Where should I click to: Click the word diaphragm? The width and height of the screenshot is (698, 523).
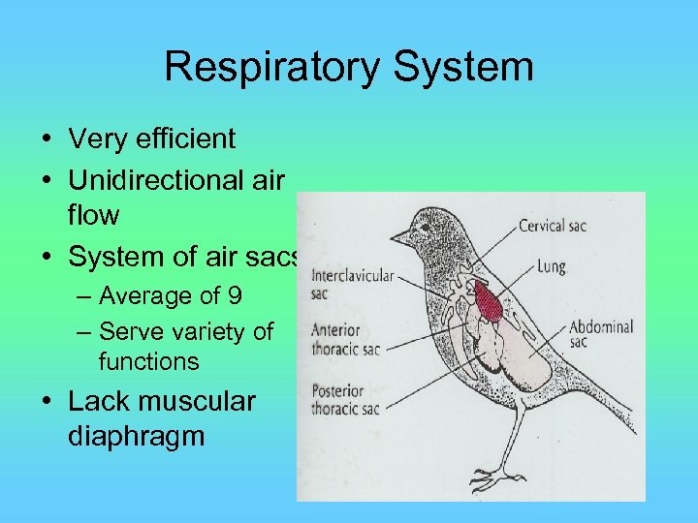(x=137, y=437)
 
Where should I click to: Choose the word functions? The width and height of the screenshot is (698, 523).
(x=148, y=362)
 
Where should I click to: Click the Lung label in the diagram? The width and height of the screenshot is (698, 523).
(x=550, y=266)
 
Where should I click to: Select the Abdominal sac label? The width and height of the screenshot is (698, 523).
(x=600, y=334)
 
